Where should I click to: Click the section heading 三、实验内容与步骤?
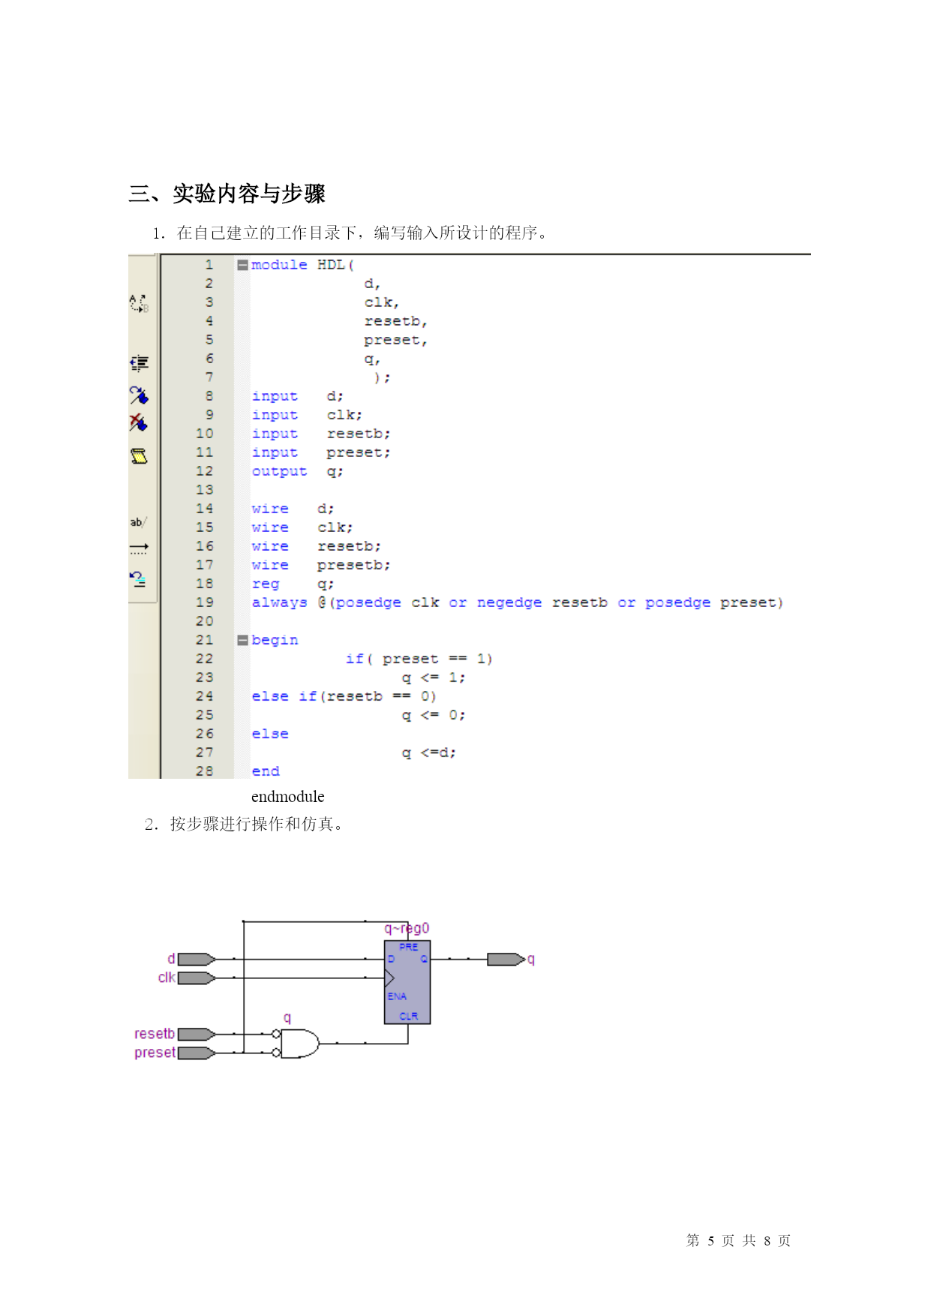227,194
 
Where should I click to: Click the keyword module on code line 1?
279,265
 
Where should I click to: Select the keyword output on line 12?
279,471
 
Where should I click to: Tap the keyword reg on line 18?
266,584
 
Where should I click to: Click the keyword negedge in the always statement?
509,602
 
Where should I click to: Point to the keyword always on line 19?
279,602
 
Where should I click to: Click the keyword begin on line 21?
275,640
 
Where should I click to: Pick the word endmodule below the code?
288,796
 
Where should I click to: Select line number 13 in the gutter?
205,490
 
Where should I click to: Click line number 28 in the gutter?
205,771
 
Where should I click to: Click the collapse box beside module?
242,265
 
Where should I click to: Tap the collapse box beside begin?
242,640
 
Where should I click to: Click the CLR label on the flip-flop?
409,1016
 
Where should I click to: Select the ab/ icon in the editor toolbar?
139,522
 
